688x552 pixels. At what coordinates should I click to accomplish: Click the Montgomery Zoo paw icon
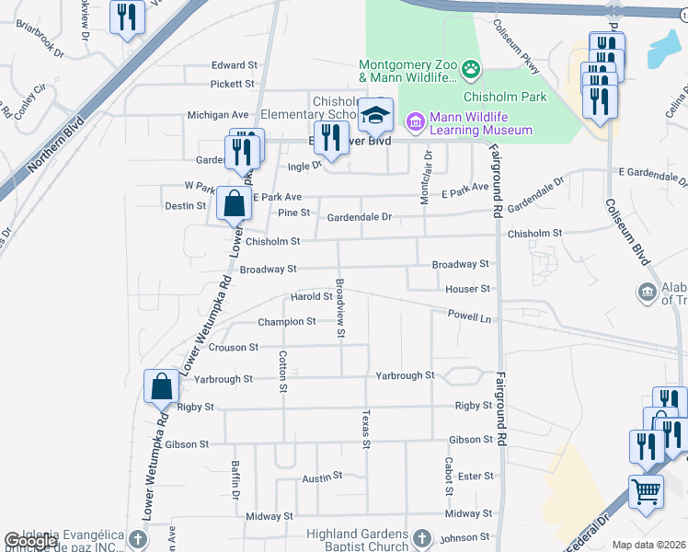pos(471,68)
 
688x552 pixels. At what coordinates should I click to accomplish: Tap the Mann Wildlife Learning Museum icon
pos(415,121)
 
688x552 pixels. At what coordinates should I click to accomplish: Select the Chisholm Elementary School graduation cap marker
pos(375,116)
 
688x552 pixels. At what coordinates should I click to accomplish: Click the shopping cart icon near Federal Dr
pos(647,490)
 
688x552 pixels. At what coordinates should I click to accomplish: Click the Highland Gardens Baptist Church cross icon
pos(421,537)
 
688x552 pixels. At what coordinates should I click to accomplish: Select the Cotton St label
pos(282,371)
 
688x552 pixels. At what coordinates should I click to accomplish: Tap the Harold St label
pos(311,297)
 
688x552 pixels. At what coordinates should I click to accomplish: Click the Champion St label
pos(286,322)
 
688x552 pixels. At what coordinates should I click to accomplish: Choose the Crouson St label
pos(234,348)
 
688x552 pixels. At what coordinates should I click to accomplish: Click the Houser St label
pos(468,289)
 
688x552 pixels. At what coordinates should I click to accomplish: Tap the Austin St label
pos(322,477)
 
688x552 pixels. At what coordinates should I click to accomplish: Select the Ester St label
pos(476,476)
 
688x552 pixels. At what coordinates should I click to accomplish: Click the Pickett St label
pos(232,84)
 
